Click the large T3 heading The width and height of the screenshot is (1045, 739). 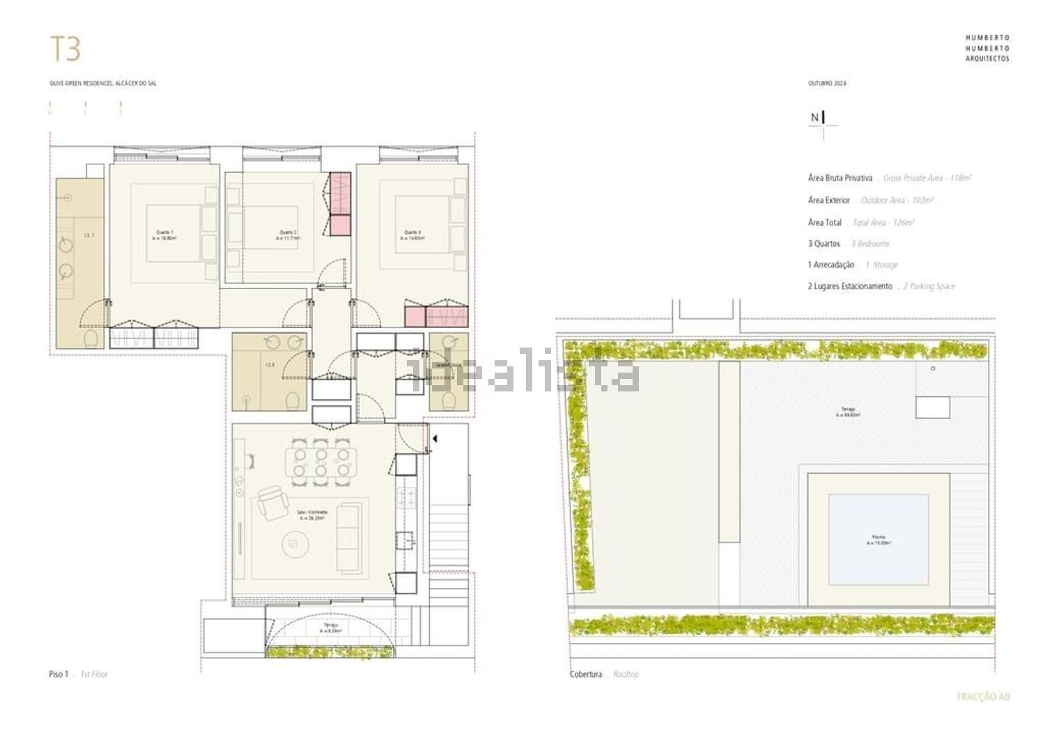pos(65,49)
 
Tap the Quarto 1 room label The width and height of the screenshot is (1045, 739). pos(164,235)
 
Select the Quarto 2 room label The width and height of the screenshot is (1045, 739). pos(288,235)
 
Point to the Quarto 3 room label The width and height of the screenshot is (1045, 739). pos(412,235)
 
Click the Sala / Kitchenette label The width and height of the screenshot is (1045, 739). pos(312,515)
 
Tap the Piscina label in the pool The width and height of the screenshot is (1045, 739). pos(878,539)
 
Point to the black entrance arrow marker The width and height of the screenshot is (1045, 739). pos(434,439)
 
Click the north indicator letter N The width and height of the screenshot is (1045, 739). pos(814,118)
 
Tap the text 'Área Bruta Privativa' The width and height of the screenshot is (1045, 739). pos(839,178)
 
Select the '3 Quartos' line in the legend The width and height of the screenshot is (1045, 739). pos(824,244)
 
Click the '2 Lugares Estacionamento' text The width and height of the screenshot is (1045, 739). pos(850,286)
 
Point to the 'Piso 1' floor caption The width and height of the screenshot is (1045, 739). pos(59,674)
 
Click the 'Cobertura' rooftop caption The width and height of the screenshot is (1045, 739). pos(585,674)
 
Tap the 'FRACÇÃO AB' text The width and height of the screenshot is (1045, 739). pos(983,697)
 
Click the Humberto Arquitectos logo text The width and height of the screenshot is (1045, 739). pos(987,48)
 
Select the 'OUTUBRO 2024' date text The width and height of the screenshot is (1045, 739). pos(827,84)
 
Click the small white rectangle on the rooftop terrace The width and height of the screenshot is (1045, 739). pos(932,407)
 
